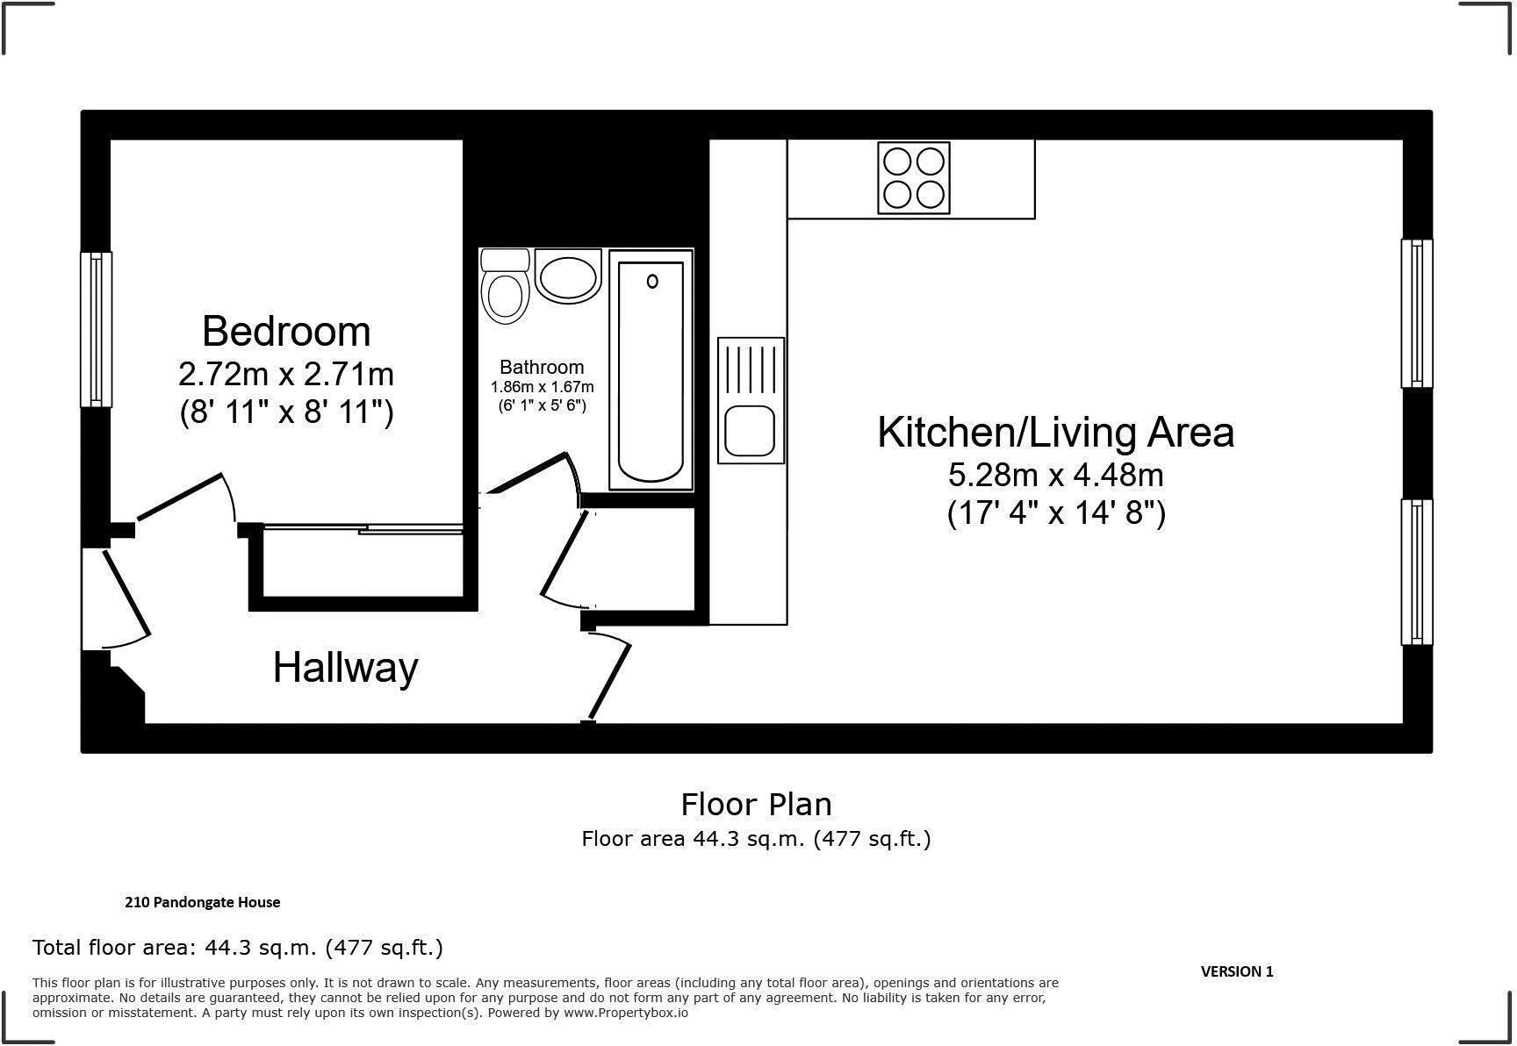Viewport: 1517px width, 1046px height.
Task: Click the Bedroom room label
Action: click(x=286, y=332)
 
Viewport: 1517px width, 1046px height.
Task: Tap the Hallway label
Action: click(x=345, y=668)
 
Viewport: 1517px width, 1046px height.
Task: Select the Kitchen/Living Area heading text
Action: click(x=1055, y=433)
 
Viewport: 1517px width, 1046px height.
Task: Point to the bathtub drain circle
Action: click(x=652, y=282)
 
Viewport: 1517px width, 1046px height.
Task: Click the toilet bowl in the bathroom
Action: click(x=506, y=294)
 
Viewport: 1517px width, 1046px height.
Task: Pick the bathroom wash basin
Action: click(x=567, y=277)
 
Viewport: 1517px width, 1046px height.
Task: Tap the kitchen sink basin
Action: click(x=750, y=431)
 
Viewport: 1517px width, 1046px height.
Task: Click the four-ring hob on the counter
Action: click(x=913, y=177)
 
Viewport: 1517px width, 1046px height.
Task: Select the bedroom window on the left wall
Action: click(x=96, y=330)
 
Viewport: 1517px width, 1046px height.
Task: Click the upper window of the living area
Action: click(x=1416, y=313)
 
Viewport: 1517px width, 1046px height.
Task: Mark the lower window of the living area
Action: click(x=1416, y=572)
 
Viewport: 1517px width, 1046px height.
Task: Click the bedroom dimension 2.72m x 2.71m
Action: click(x=286, y=375)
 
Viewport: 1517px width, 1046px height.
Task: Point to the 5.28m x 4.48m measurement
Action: click(x=1055, y=476)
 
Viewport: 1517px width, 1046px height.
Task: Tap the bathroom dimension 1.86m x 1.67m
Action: click(x=542, y=387)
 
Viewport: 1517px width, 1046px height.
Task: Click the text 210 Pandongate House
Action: click(x=203, y=902)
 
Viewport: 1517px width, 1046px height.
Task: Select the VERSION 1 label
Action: click(x=1236, y=971)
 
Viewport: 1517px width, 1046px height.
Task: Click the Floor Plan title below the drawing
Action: click(x=756, y=804)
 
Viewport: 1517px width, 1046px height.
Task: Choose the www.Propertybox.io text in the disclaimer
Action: click(x=625, y=1013)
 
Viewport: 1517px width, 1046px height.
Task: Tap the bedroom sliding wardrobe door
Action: click(x=363, y=528)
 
